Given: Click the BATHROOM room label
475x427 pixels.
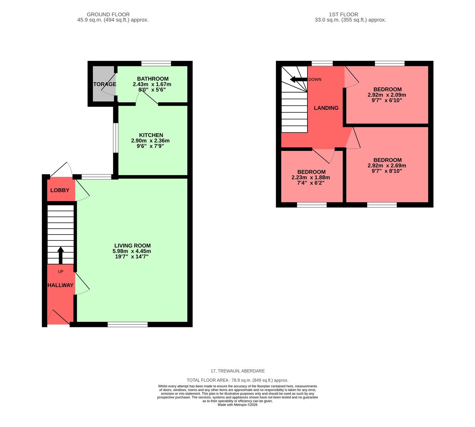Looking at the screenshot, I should pos(153,79).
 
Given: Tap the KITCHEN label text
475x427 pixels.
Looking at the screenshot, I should pos(151,135).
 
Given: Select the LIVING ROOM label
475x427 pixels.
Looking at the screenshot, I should pos(132,246).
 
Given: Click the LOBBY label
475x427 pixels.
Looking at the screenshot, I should pos(60,190).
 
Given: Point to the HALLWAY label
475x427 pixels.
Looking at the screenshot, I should pos(60,285).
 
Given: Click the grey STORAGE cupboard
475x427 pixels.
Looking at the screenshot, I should pos(103,84).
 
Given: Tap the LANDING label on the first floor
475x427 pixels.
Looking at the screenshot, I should pos(326,108).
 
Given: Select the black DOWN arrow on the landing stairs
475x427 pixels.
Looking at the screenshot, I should pos(298,79).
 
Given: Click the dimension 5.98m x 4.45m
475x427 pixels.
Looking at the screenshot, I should pos(132,251).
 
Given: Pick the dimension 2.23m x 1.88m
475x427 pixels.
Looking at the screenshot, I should pos(311,178).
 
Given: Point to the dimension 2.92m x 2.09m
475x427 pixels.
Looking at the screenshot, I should pos(386,95).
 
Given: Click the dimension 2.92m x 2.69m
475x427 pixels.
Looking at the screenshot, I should pos(386,166).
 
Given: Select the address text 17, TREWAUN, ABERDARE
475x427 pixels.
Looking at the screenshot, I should pos(237,371).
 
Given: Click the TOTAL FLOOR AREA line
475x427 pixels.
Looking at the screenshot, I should pos(237,380).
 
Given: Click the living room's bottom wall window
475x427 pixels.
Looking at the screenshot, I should pos(128,325).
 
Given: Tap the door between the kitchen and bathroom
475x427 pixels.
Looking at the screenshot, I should pos(147,104).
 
